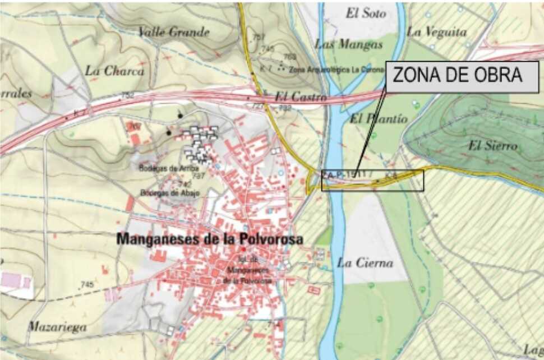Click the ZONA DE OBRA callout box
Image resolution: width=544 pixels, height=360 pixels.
[x=462, y=77]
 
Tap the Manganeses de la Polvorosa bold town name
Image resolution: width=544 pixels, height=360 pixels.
[x=210, y=239]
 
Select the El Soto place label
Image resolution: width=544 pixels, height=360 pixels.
[x=366, y=13]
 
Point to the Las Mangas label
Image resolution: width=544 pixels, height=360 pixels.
[x=341, y=44]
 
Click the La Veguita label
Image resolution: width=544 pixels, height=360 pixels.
[x=437, y=32]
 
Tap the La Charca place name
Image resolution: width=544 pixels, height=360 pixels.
[x=114, y=71]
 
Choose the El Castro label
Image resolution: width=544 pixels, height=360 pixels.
[x=301, y=97]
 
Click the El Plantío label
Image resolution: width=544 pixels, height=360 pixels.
[x=372, y=119]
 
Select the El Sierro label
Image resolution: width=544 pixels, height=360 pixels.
[x=493, y=146]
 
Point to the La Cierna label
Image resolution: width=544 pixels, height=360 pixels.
[x=365, y=262]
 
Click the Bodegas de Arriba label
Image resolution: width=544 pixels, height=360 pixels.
[x=158, y=168]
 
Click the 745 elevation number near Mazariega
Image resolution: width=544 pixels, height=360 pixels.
[x=86, y=285]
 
